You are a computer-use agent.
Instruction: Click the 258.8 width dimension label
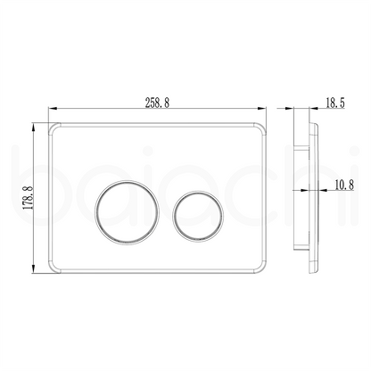coord(157,103)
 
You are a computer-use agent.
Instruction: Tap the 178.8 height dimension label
coord(29,197)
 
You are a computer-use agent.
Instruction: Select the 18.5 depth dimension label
coord(335,103)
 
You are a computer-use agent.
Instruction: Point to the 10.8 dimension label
coord(344,185)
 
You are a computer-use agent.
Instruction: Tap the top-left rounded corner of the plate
coord(53,126)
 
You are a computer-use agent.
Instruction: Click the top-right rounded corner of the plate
coord(262,126)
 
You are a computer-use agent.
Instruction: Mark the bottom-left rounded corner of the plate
coord(53,269)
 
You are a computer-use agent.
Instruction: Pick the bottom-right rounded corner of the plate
coord(262,269)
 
